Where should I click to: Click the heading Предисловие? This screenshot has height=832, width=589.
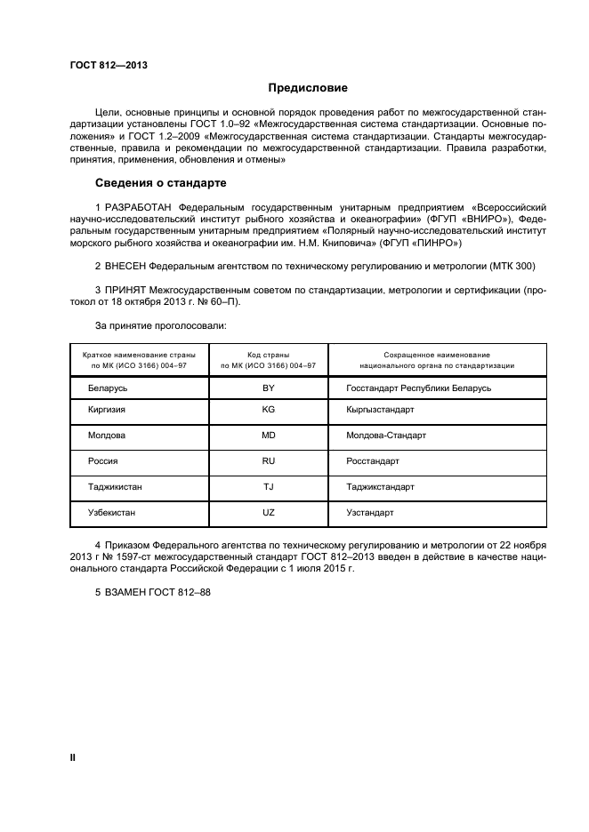[x=309, y=88]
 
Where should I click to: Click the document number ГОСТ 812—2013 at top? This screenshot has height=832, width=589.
[x=108, y=65]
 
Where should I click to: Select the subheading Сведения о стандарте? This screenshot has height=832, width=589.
[x=161, y=183]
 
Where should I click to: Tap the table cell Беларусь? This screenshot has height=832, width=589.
[x=108, y=388]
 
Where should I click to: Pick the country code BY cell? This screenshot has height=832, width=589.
[x=268, y=388]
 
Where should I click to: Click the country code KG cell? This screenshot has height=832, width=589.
[x=268, y=411]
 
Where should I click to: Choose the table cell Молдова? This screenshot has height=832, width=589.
[x=107, y=436]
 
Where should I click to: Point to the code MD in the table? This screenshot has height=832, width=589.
[x=268, y=436]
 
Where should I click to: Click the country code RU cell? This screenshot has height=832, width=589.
[x=268, y=461]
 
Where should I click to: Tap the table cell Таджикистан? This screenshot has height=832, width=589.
[x=115, y=487]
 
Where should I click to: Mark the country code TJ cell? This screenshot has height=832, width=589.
[x=268, y=487]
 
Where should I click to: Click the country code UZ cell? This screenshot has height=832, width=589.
[x=268, y=513]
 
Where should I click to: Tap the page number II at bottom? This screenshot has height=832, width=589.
[x=73, y=757]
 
